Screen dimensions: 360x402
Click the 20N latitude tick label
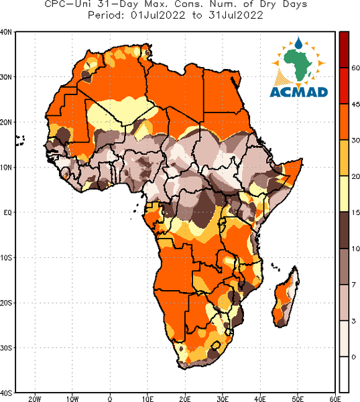pos(6,123)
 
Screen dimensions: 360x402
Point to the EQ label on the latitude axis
pos(7,212)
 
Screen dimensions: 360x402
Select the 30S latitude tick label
pos(6,348)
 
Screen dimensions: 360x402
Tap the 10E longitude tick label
pos(147,399)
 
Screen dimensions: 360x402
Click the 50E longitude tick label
pos(298,399)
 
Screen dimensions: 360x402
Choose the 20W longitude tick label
pos(35,399)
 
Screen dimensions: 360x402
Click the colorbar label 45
pos(355,105)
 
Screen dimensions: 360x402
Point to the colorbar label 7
pos(353,285)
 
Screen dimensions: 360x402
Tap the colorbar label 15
pos(355,212)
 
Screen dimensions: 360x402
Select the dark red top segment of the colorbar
pos(344,50)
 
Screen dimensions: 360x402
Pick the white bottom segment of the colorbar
pos(344,374)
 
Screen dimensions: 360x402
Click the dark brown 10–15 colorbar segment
pos(344,230)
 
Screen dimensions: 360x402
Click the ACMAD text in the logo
pos(299,92)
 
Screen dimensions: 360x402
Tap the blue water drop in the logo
pos(298,43)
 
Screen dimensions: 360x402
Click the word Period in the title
pos(106,15)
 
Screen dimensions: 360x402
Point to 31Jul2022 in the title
pos(236,15)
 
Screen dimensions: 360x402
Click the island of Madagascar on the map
pos(286,297)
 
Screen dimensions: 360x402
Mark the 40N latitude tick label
pos(6,32)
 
